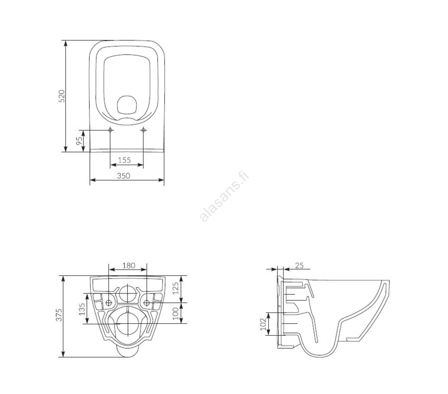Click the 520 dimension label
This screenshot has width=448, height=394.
pyautogui.click(x=62, y=96)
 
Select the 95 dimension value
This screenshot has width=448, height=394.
pyautogui.click(x=80, y=141)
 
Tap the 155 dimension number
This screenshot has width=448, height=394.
pyautogui.click(x=124, y=160)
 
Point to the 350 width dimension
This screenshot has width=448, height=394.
pyautogui.click(x=123, y=176)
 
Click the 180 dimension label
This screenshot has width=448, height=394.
pyautogui.click(x=129, y=265)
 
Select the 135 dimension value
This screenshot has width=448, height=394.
pyautogui.click(x=82, y=309)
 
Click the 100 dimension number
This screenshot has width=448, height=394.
pyautogui.click(x=176, y=313)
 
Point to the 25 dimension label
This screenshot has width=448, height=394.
pyautogui.click(x=299, y=265)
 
